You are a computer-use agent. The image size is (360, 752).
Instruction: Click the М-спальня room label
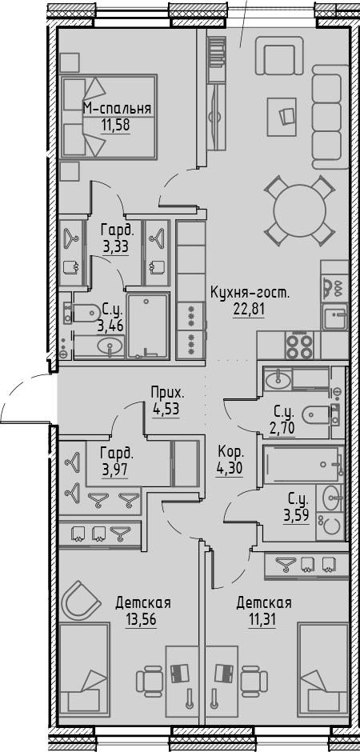click(x=118, y=110)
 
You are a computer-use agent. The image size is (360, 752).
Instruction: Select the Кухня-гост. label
click(x=249, y=292)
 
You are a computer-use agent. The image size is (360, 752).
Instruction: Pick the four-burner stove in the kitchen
click(x=299, y=347)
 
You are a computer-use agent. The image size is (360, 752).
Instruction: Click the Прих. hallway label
click(x=167, y=393)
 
